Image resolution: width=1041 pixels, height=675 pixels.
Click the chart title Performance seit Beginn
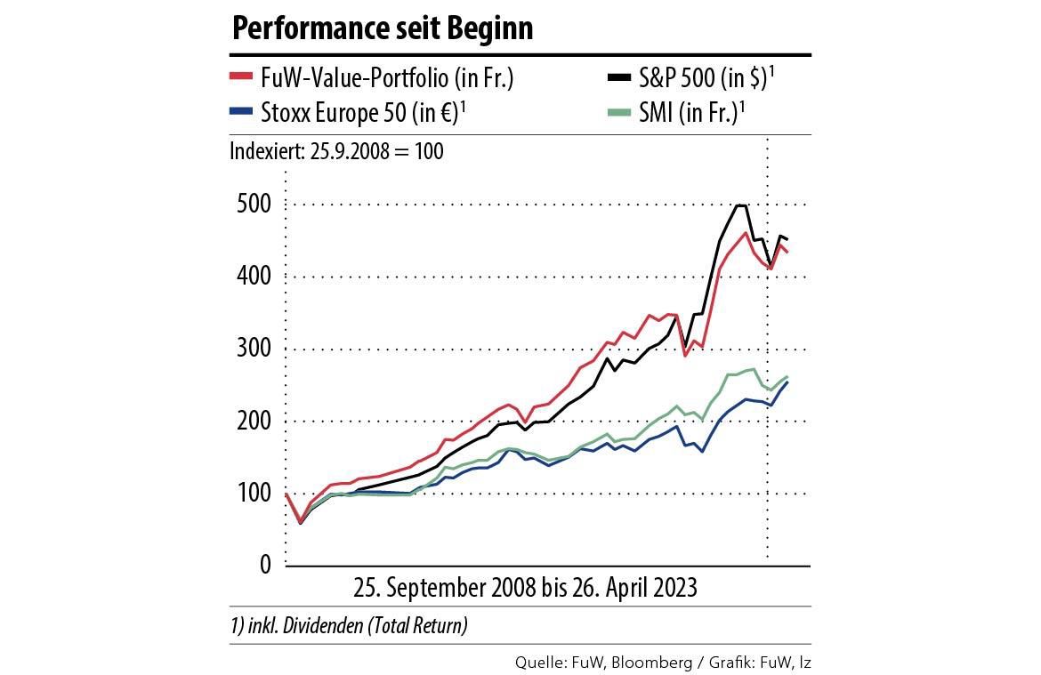pyautogui.click(x=382, y=28)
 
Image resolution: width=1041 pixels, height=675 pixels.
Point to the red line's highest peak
pyautogui.click(x=745, y=233)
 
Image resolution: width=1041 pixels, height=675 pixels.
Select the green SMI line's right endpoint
pyautogui.click(x=787, y=376)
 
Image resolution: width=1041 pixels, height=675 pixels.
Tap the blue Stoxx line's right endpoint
pyautogui.click(x=787, y=382)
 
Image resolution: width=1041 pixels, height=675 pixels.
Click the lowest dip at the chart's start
pyautogui.click(x=300, y=522)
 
